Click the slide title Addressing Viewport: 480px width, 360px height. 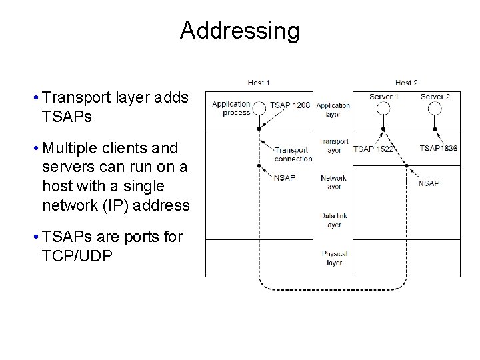[x=239, y=31]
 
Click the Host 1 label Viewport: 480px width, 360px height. [x=259, y=83]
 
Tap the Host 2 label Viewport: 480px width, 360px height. [x=406, y=83]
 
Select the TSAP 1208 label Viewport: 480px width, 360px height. [x=291, y=105]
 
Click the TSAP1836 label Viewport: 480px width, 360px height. [x=439, y=148]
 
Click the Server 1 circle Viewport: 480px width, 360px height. [x=383, y=107]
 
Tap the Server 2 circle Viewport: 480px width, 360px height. [x=435, y=107]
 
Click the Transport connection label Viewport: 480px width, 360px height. [x=293, y=155]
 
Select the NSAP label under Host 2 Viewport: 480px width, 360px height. [x=429, y=183]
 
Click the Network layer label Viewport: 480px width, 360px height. [x=333, y=183]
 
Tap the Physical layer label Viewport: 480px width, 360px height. [x=333, y=258]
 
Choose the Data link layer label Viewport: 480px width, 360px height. [x=333, y=220]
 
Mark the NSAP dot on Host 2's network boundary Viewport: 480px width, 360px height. [x=407, y=165]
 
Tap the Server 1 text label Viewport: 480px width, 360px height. [x=384, y=97]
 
